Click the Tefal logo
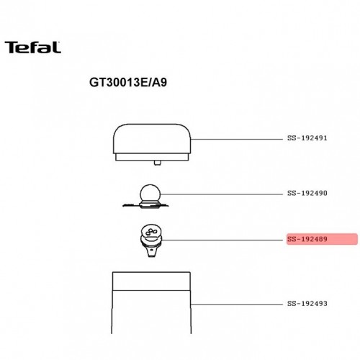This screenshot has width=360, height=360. (x=32, y=48)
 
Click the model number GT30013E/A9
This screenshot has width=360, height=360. (x=128, y=83)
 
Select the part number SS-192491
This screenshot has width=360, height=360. (x=307, y=138)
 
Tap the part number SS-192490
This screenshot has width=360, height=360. (x=307, y=193)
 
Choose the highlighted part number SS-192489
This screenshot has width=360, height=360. (x=307, y=239)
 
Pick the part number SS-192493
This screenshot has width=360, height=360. (x=307, y=304)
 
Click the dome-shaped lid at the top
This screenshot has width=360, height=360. (x=152, y=139)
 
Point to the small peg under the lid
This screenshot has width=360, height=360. (x=158, y=163)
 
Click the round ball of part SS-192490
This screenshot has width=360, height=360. (x=150, y=194)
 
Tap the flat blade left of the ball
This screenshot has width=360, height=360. (x=131, y=205)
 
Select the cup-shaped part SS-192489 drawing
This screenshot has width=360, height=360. (x=151, y=240)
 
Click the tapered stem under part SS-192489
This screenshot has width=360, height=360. (x=151, y=252)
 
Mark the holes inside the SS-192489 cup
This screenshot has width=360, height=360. (x=151, y=232)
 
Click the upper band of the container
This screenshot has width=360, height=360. (x=151, y=281)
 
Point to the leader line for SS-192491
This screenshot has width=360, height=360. (x=237, y=139)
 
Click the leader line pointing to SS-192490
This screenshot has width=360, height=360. (x=222, y=194)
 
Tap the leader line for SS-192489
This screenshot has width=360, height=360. (x=222, y=240)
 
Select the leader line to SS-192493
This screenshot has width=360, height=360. (x=237, y=305)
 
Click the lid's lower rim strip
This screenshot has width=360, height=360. (x=152, y=157)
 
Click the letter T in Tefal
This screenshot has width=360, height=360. (x=12, y=48)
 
